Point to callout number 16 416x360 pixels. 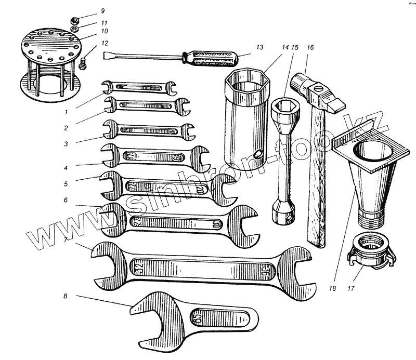coord(310,47)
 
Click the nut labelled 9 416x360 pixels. coord(74,21)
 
